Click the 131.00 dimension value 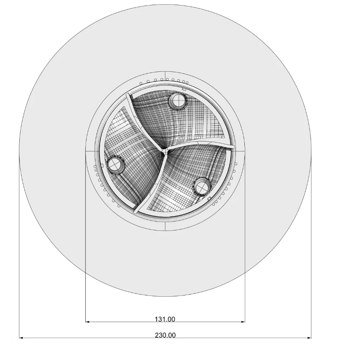(165, 319)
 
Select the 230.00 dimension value (165, 335)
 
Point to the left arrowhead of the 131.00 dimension (87, 322)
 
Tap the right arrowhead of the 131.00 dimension (243, 322)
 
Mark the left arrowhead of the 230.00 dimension (21, 338)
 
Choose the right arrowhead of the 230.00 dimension (309, 338)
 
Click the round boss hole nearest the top (177, 100)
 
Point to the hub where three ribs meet (165, 151)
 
